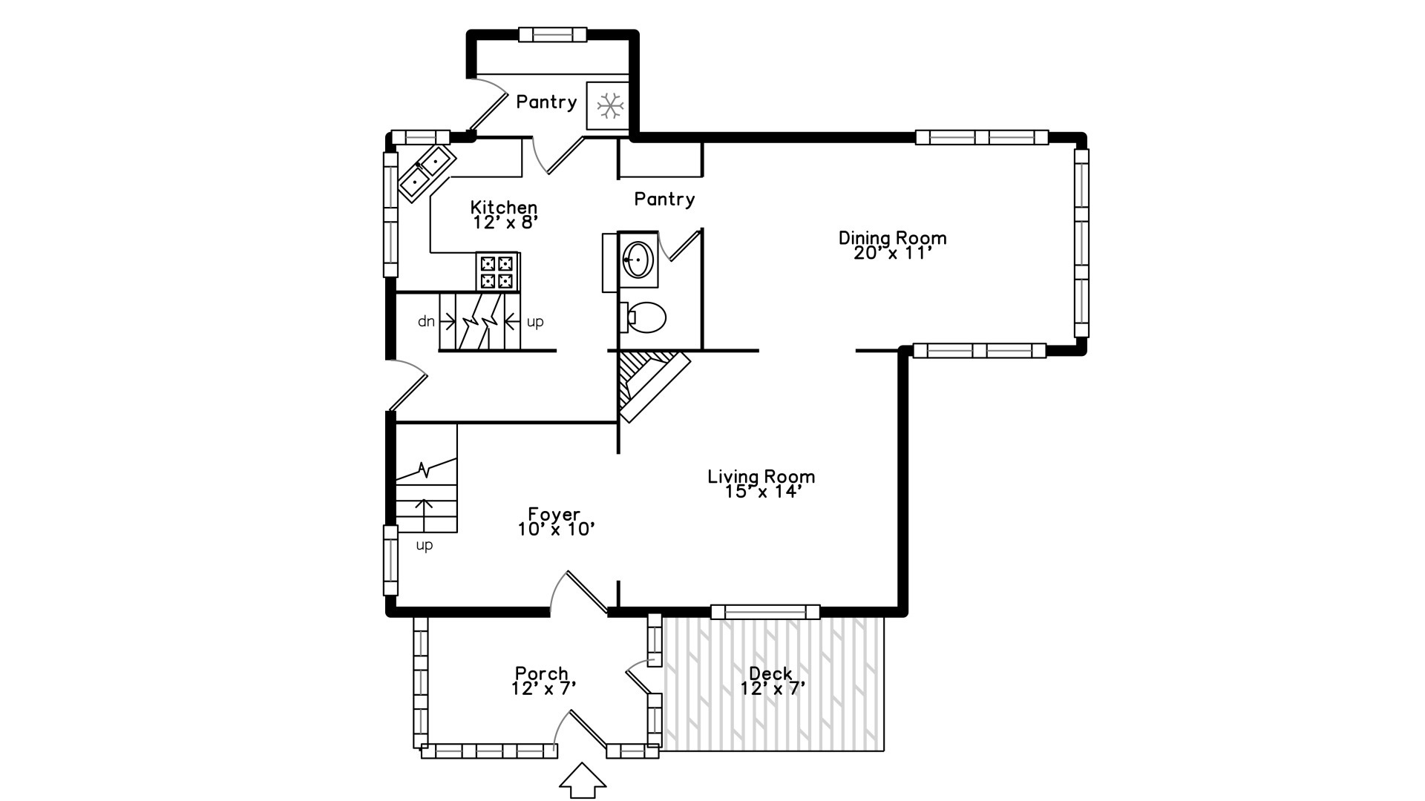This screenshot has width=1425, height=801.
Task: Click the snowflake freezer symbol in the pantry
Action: pyautogui.click(x=610, y=106)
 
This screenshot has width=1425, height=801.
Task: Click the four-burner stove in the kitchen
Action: pyautogui.click(x=497, y=272)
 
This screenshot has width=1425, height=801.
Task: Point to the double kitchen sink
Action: pyautogui.click(x=426, y=171)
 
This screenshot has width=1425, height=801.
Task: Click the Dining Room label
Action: pyautogui.click(x=892, y=238)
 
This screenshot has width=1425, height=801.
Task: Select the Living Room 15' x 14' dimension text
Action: pyautogui.click(x=761, y=492)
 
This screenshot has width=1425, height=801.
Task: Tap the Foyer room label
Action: pyautogui.click(x=554, y=514)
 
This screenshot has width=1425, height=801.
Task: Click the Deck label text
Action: pyautogui.click(x=770, y=673)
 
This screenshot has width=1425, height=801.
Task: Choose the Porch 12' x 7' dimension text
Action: pyautogui.click(x=543, y=689)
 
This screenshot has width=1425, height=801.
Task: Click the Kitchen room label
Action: pyautogui.click(x=504, y=207)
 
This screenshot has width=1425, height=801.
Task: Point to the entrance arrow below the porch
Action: pyautogui.click(x=582, y=781)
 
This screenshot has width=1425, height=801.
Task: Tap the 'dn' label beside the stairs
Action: pyautogui.click(x=426, y=321)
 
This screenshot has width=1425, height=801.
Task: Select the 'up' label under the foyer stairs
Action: pyautogui.click(x=424, y=545)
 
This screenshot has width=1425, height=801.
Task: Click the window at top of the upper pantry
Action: pyautogui.click(x=552, y=35)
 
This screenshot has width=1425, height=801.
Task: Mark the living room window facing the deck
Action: pyautogui.click(x=765, y=612)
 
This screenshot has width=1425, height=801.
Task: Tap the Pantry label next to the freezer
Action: pyautogui.click(x=546, y=102)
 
